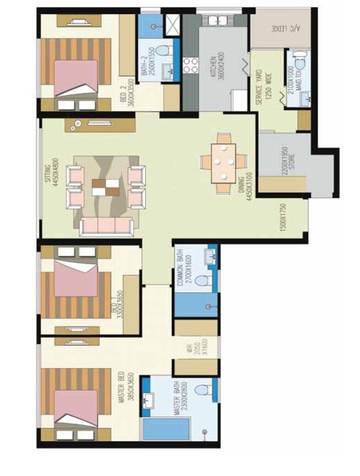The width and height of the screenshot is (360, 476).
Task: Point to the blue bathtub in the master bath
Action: (x=167, y=430)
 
